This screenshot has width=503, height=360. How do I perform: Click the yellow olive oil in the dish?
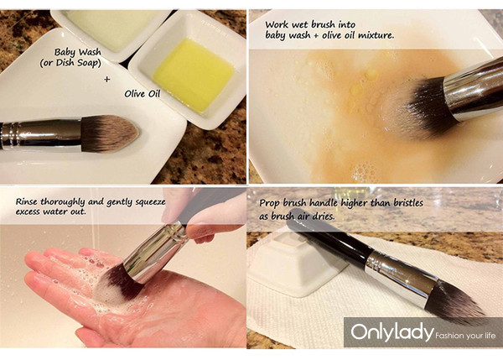point(193,75)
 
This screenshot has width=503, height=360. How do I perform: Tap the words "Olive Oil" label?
point(143,94)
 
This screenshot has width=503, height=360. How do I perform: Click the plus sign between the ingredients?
point(107,79)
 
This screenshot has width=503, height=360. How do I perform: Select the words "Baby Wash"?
point(78,52)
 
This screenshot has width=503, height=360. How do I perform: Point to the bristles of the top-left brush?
point(110,133)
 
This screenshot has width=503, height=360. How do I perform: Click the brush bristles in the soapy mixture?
point(414,109)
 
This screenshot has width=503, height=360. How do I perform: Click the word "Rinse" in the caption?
point(27,201)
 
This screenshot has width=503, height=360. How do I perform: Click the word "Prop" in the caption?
point(269,204)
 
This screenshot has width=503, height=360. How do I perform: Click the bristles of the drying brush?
point(455,300)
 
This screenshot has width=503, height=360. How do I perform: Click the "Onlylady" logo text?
point(392,331)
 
